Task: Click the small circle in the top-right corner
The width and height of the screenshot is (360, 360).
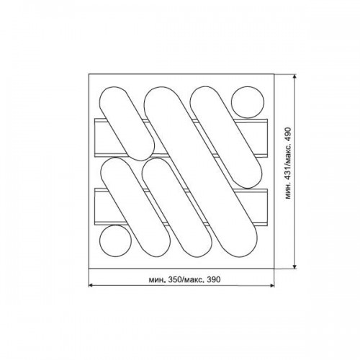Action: pyautogui.click(x=248, y=102)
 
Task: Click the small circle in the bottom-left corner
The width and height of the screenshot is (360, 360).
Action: pyautogui.click(x=115, y=241)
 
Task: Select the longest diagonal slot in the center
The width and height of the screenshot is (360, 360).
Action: pyautogui.click(x=200, y=172)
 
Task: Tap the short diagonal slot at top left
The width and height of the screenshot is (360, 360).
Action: pyautogui.click(x=127, y=124)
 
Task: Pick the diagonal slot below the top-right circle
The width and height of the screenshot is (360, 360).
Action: pyautogui.click(x=225, y=138)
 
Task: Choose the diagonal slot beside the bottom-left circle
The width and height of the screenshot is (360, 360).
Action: pyautogui.click(x=135, y=207)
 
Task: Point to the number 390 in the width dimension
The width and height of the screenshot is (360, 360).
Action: pyautogui.click(x=213, y=279)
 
